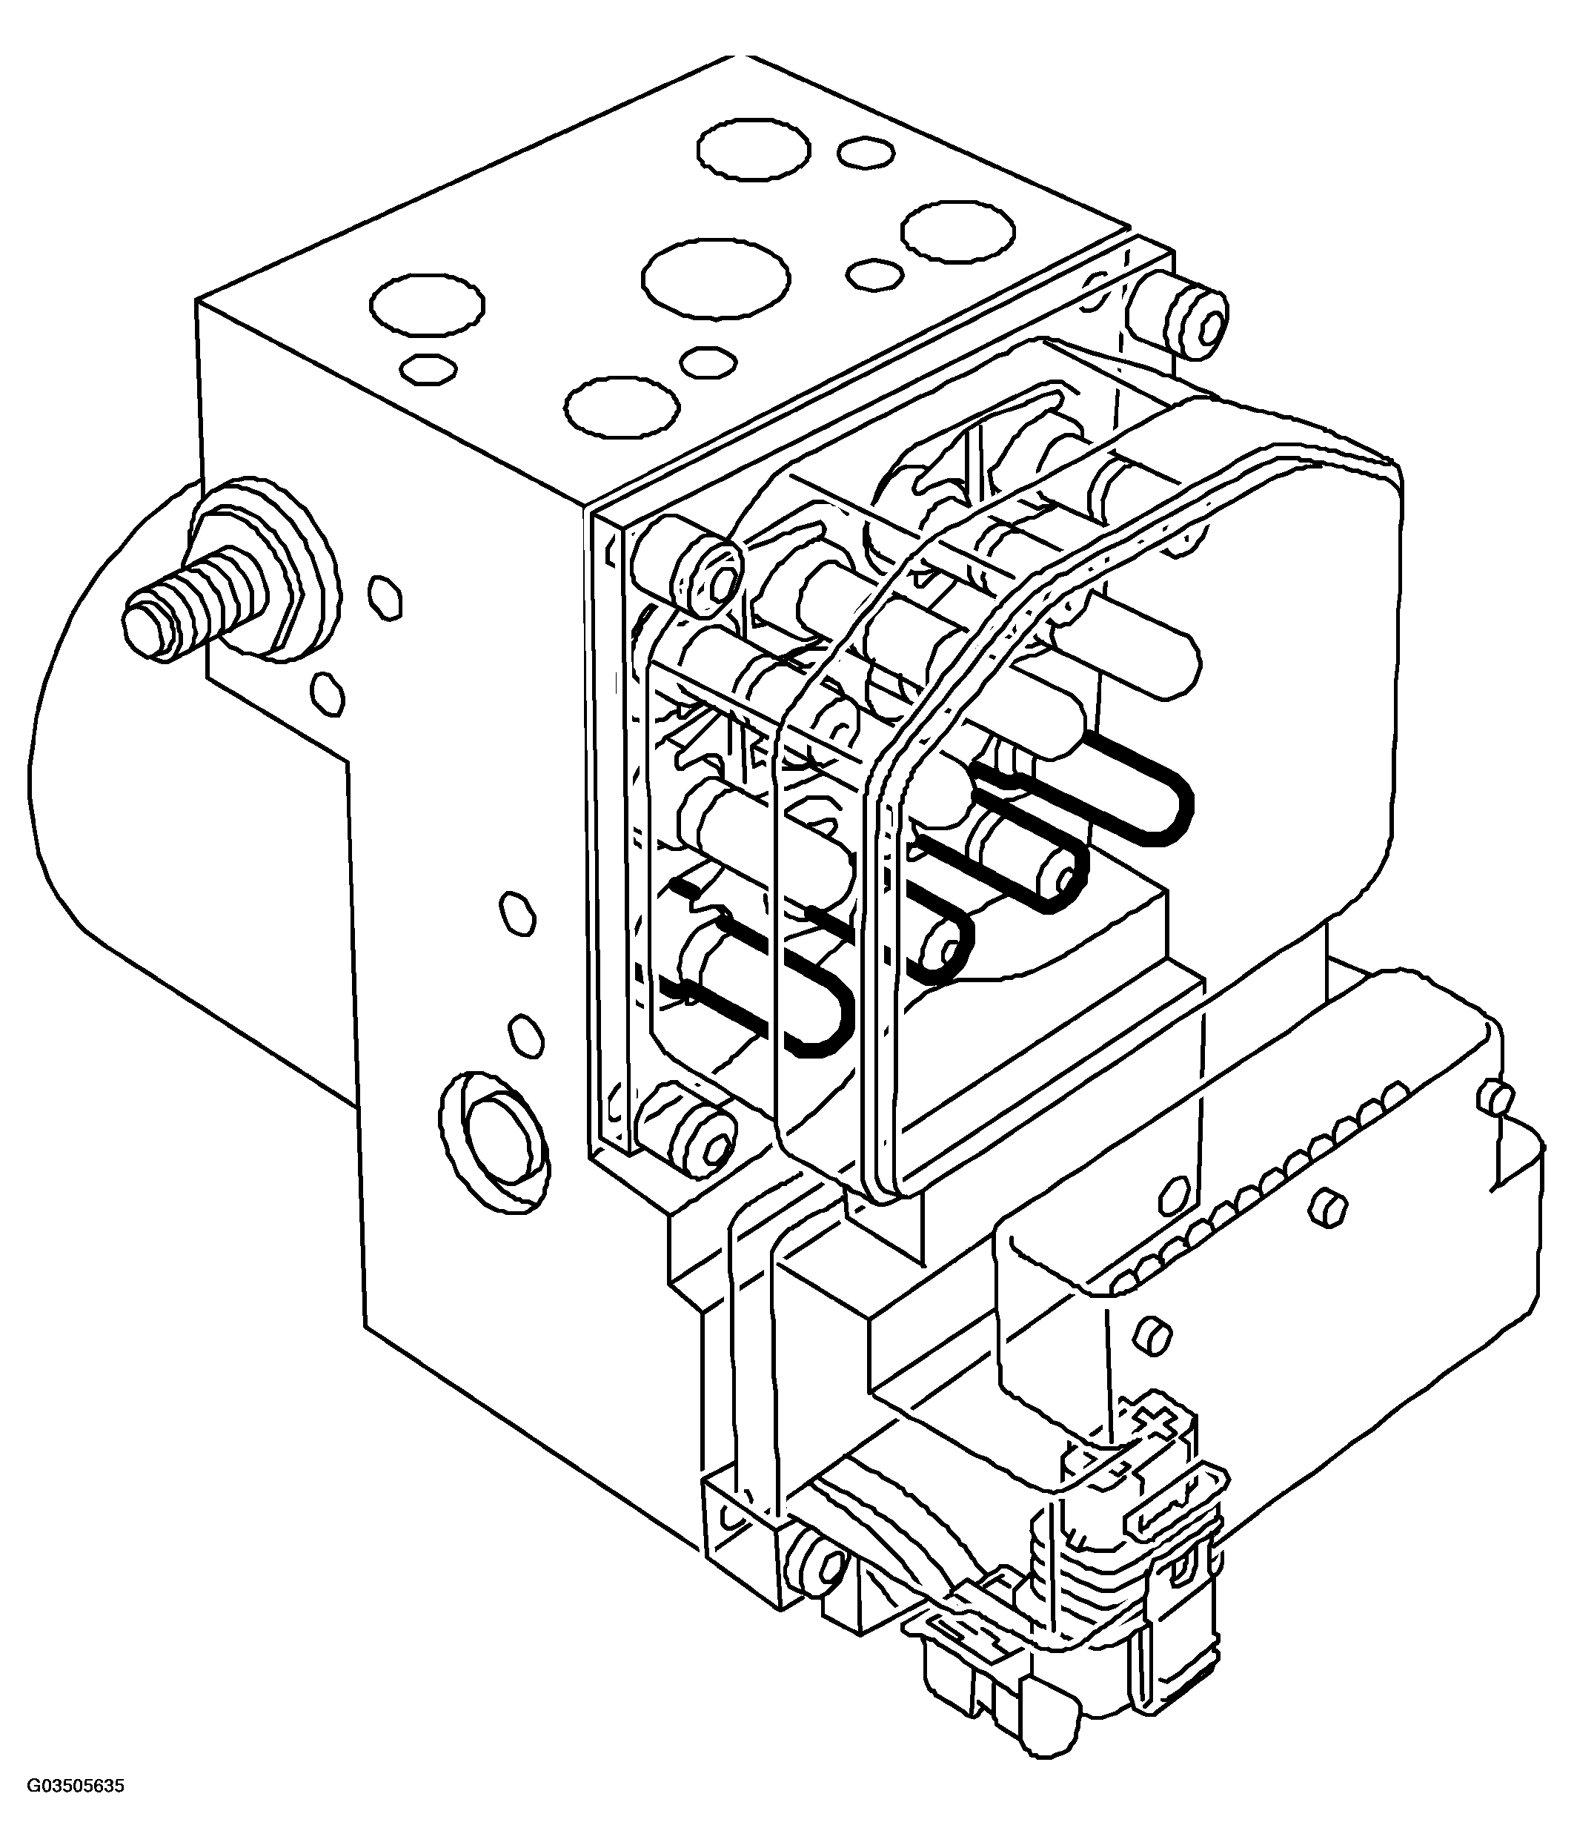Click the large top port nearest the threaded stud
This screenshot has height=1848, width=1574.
[427, 305]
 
